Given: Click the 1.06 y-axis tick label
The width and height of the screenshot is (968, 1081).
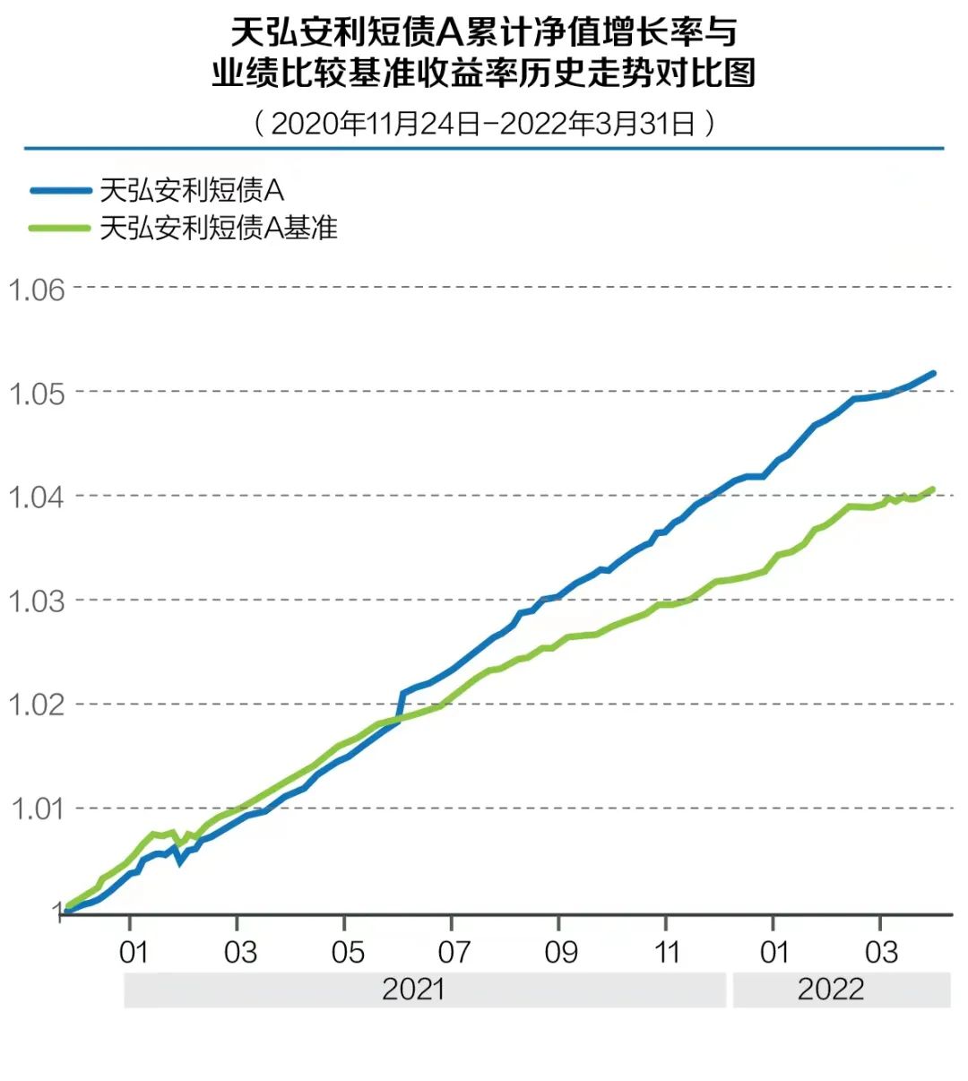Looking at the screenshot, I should pos(37,290).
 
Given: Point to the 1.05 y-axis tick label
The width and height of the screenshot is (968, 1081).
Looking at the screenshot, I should pos(37,393).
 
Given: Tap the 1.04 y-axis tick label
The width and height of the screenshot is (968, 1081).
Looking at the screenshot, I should pos(37,497).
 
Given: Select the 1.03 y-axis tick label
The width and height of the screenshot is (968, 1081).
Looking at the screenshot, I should pos(37,601).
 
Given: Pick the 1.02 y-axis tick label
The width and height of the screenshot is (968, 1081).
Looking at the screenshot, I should pos(37,705).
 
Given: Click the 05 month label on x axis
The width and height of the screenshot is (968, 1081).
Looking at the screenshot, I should pos(347,952).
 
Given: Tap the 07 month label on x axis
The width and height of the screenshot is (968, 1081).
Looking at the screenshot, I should pos(454,952).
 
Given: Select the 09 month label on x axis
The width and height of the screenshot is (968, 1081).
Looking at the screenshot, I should pos(561,952).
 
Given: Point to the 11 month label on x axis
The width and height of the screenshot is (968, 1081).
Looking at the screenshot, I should pos(668,952).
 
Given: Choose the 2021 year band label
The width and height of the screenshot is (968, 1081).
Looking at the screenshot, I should pos(413,990).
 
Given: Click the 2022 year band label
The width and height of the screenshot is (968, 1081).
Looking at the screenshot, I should pos(831,990).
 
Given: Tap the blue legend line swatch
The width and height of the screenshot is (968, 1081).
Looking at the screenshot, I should pos(60,190).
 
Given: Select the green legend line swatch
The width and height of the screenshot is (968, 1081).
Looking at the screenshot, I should pos(60,228).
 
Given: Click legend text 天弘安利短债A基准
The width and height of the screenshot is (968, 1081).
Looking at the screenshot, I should pos(219,228).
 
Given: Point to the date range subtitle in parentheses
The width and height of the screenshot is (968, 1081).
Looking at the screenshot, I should pos(484,123).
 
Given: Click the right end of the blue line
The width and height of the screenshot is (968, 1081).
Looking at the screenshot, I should pos(933,373).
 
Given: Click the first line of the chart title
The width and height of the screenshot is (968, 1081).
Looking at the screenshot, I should pos(484,33).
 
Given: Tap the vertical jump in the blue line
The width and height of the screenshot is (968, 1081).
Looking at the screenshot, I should pos(401,705).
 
